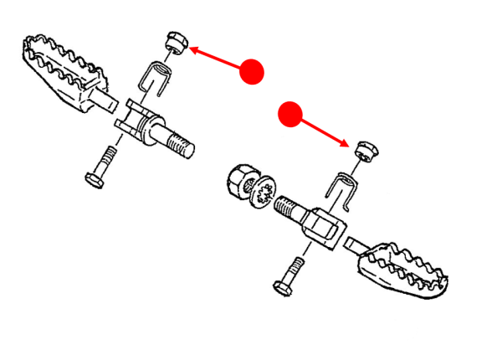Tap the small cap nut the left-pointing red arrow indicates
point(174,41)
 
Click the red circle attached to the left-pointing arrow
point(251,71)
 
